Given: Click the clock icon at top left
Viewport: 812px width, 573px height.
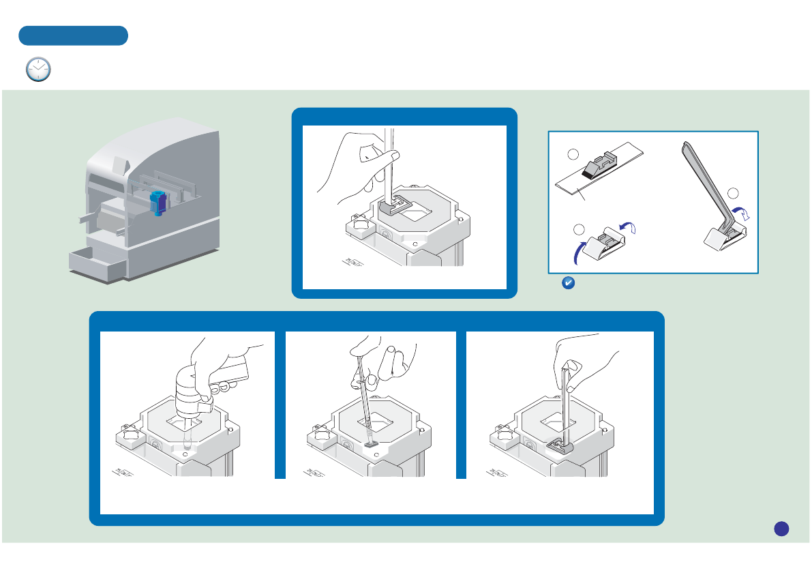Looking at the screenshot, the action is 38,70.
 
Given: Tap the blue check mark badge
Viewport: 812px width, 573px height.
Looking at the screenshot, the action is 566,283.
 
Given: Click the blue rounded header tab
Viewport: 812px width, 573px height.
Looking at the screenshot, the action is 74,35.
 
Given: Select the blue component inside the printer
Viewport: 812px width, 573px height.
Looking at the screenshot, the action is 157,203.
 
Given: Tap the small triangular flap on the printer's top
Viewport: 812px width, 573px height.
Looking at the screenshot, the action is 120,164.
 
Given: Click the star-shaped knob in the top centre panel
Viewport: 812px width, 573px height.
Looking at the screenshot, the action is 359,224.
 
